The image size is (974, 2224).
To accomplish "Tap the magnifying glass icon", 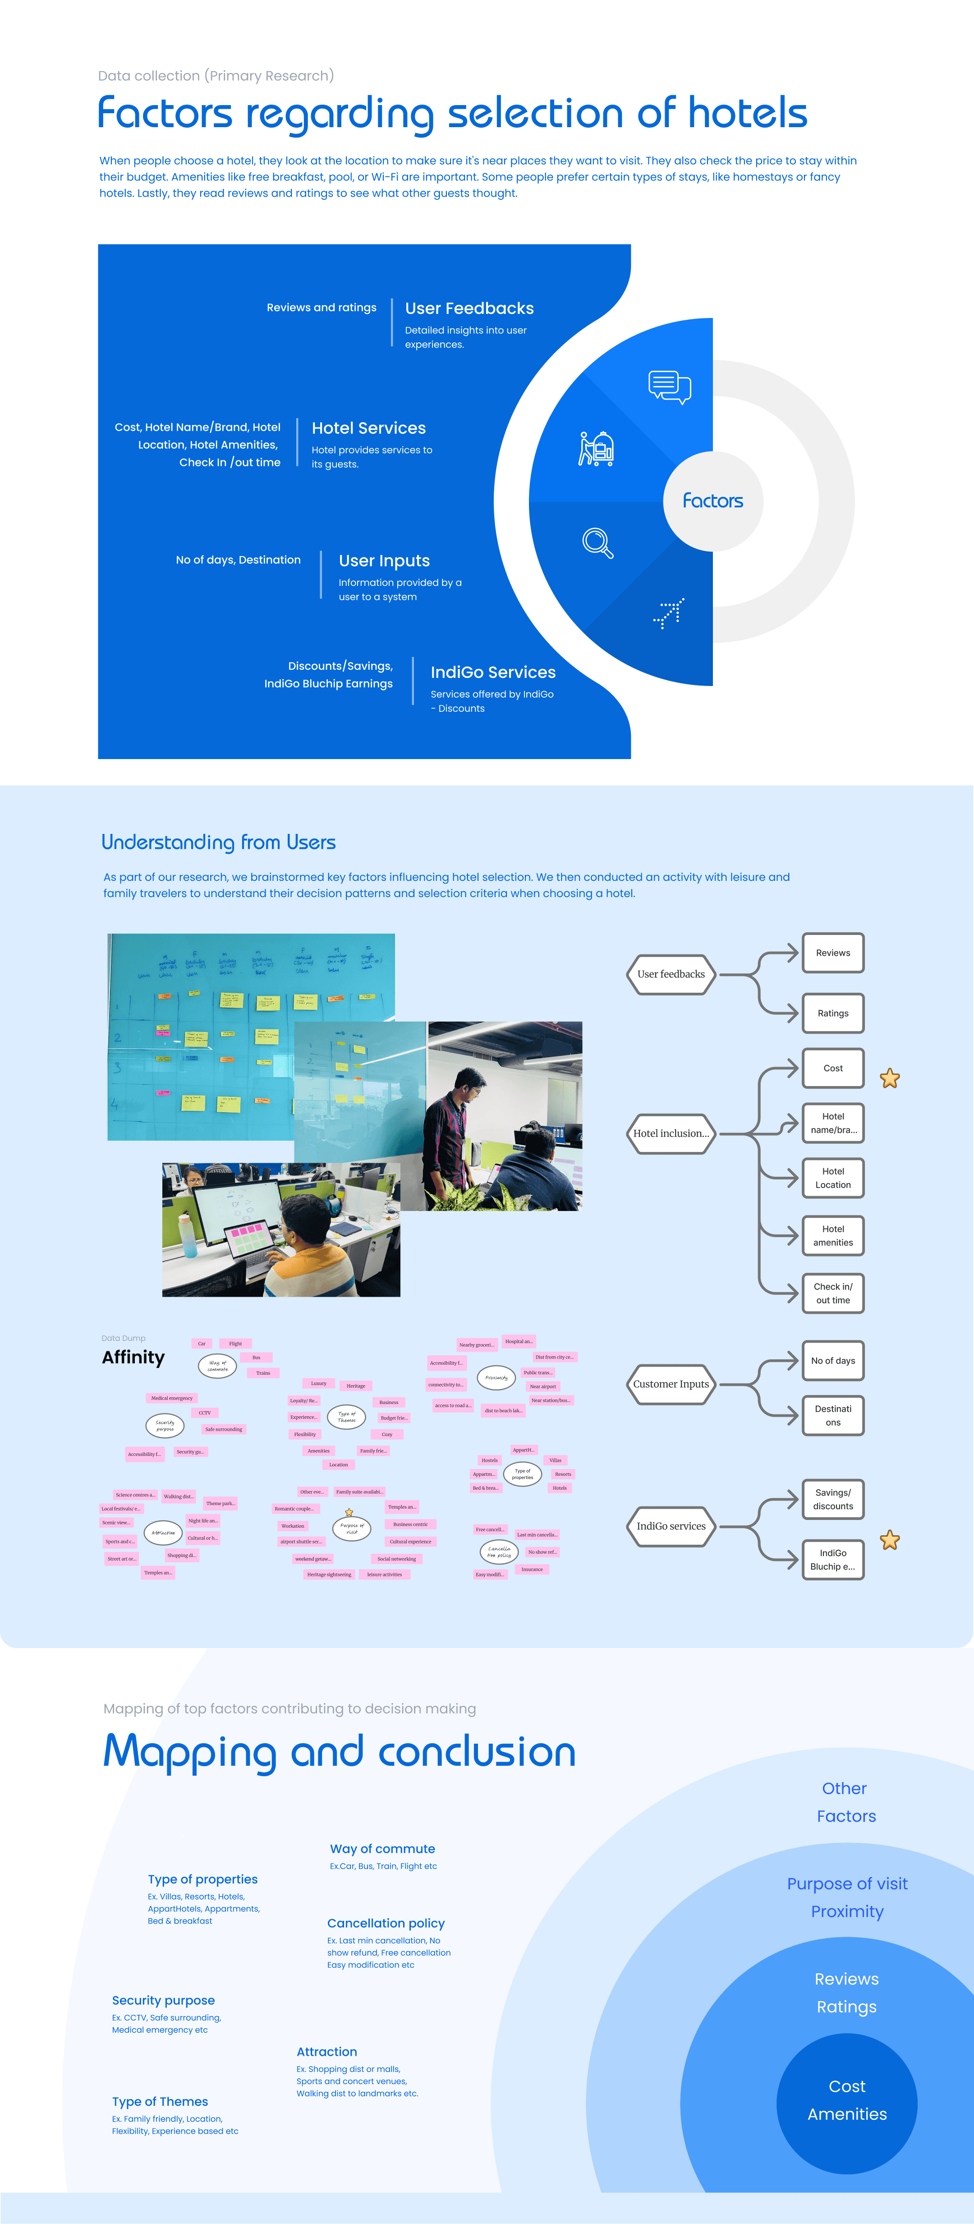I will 597,542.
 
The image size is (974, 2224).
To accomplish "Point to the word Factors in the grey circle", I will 712,501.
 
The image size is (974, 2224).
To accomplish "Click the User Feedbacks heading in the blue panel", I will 469,308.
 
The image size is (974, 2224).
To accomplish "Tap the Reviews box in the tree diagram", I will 832,953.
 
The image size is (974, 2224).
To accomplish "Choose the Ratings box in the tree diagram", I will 832,1013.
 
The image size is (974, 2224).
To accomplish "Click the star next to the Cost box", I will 889,1078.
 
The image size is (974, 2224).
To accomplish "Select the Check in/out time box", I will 832,1293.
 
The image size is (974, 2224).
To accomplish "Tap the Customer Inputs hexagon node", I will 671,1384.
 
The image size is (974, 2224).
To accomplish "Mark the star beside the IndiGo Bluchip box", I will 889,1540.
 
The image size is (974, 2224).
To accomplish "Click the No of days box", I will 832,1361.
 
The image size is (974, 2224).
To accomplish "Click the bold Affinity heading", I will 133,1357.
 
